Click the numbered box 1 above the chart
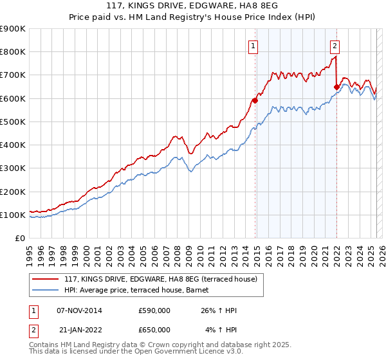(x=253, y=46)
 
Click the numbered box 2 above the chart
(x=335, y=46)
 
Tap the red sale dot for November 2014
(x=255, y=100)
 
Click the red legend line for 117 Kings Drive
(x=45, y=278)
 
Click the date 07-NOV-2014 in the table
(x=79, y=310)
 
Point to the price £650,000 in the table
(x=154, y=329)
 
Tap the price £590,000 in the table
(x=154, y=310)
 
